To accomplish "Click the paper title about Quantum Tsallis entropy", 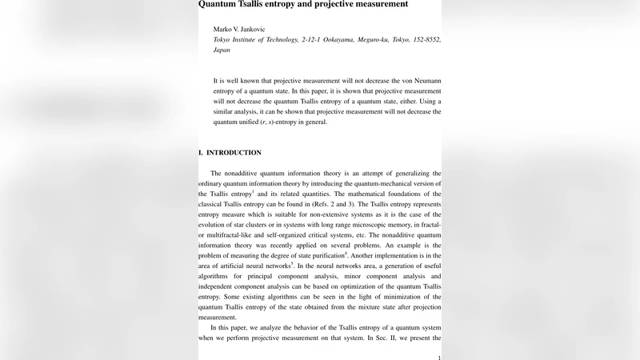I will [303, 4].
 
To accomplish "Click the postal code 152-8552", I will [425, 39].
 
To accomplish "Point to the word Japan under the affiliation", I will [222, 50].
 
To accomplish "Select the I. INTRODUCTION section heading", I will [230, 153].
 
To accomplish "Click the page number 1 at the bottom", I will [439, 358].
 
